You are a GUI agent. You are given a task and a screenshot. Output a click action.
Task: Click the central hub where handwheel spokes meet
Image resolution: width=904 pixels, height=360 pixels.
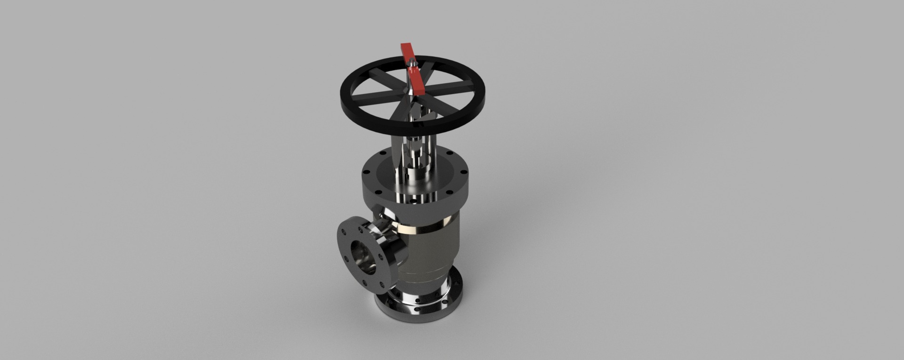(411, 93)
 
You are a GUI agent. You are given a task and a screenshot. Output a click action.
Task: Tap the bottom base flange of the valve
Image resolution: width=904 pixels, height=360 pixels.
(414, 311)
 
